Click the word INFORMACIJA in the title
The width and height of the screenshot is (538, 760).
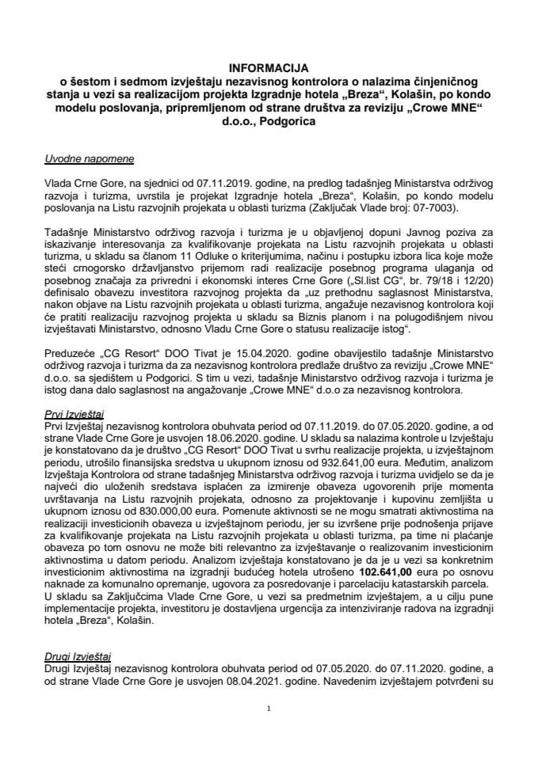pyautogui.click(x=269, y=69)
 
